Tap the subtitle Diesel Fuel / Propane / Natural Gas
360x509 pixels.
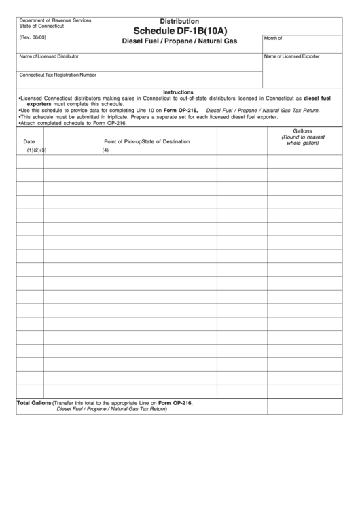179,42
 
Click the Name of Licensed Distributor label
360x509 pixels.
49,56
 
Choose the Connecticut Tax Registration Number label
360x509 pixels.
58,75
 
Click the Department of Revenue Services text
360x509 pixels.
56,20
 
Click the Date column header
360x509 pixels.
29,141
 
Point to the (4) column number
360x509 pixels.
105,150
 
